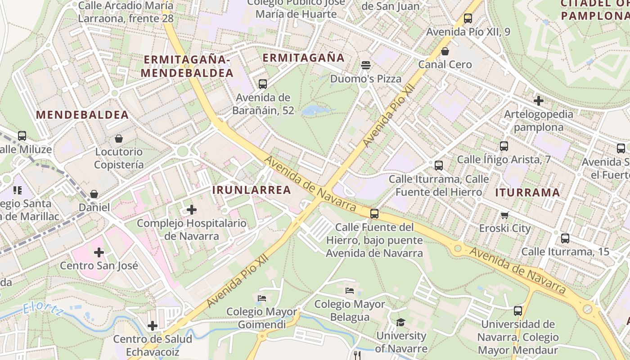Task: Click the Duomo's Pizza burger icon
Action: [x=365, y=65]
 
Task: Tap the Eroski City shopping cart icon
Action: [x=505, y=215]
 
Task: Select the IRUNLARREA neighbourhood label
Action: [x=252, y=190]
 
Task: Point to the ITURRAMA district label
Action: [x=527, y=193]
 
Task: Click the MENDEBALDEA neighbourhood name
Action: [x=82, y=115]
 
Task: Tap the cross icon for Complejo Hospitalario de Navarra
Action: [x=192, y=210]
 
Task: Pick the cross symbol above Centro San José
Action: [x=99, y=252]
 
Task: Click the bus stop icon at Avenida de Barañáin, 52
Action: [x=263, y=84]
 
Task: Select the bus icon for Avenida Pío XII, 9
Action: [x=468, y=18]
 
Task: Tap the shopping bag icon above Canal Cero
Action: [x=445, y=51]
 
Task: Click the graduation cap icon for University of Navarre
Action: [x=400, y=322]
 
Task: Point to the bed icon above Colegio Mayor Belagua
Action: [x=350, y=291]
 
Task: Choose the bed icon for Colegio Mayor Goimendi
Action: [x=262, y=298]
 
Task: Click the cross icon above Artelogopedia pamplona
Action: [x=538, y=101]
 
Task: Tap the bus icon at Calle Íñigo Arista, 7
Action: [x=504, y=146]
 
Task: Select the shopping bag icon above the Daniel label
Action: [x=94, y=194]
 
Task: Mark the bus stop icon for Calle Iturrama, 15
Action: [x=565, y=238]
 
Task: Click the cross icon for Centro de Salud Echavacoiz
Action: [x=153, y=325]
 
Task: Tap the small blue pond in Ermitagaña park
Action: [x=314, y=110]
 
